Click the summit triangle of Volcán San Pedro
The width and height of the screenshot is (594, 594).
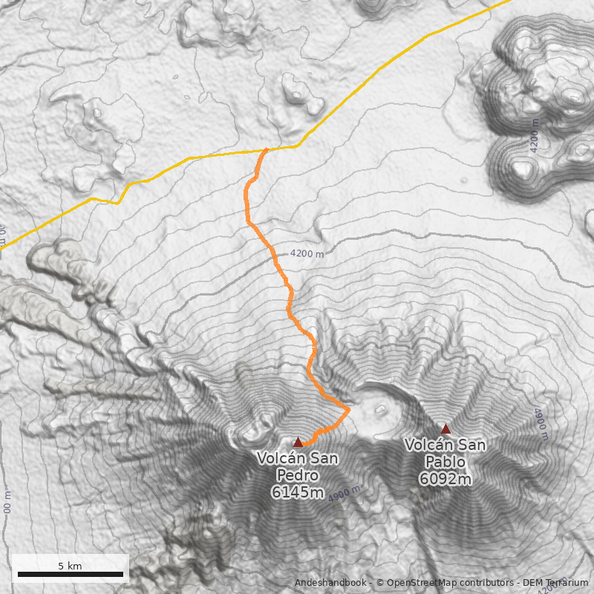pyautogui.click(x=298, y=442)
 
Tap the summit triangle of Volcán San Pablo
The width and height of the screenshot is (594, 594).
pyautogui.click(x=446, y=428)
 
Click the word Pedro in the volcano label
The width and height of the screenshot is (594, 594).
pyautogui.click(x=297, y=475)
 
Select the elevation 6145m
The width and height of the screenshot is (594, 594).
pyautogui.click(x=297, y=492)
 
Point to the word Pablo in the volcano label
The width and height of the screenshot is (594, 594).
pyautogui.click(x=445, y=462)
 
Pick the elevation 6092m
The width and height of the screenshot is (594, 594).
pyautogui.click(x=445, y=479)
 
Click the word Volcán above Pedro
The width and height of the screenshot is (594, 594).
pyautogui.click(x=279, y=458)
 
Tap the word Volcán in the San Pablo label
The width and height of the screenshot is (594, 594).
pyautogui.click(x=429, y=445)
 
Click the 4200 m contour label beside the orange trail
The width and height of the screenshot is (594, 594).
pyautogui.click(x=307, y=254)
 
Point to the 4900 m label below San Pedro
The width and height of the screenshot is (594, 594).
pyautogui.click(x=347, y=493)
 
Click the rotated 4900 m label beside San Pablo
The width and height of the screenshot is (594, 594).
pyautogui.click(x=541, y=423)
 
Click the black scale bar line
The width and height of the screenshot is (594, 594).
pyautogui.click(x=71, y=574)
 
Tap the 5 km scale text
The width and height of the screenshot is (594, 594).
pyautogui.click(x=70, y=566)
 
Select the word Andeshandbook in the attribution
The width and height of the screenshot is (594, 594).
pyautogui.click(x=330, y=583)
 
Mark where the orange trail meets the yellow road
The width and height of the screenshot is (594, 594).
pyautogui.click(x=265, y=150)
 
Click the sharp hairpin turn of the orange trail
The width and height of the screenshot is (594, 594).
pyautogui.click(x=347, y=408)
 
